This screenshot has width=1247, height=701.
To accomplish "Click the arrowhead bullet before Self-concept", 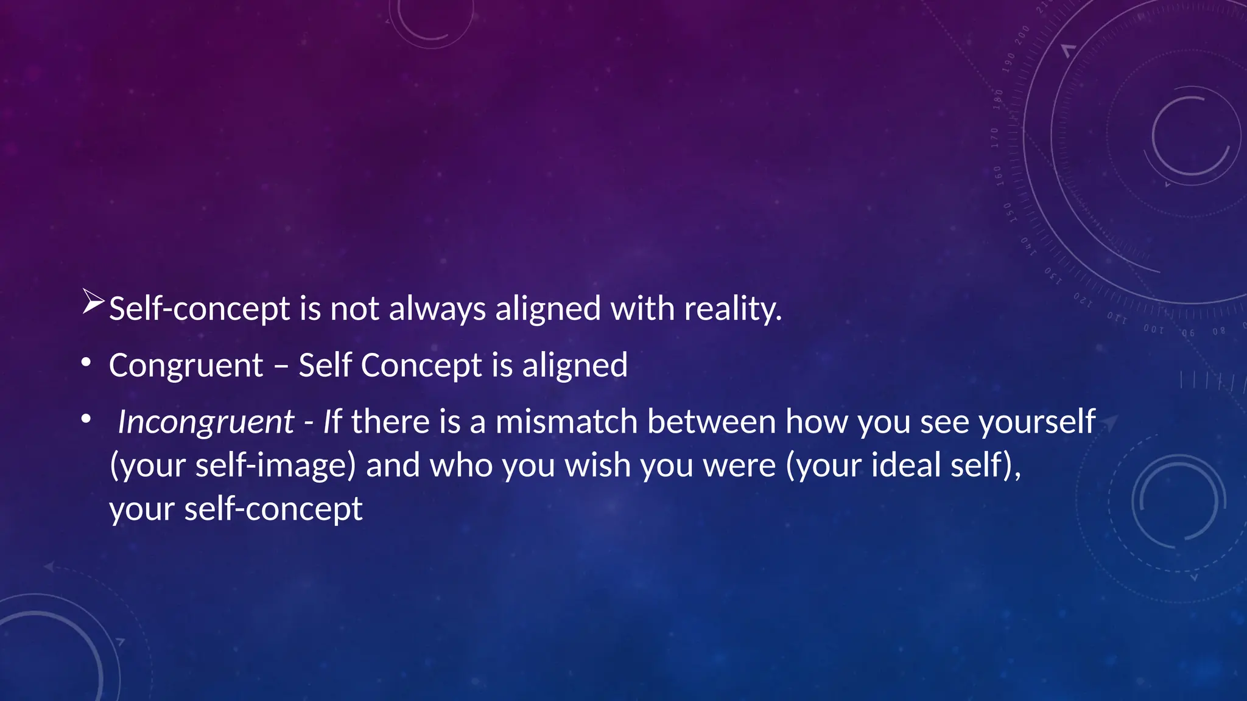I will tap(93, 302).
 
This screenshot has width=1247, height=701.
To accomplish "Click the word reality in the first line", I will tap(732, 309).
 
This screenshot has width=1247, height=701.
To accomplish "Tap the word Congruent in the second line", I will tap(186, 366).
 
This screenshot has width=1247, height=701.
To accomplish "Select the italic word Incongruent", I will tap(206, 422).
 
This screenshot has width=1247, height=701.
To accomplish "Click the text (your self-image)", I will tap(233, 466).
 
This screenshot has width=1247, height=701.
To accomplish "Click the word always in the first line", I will tap(437, 309).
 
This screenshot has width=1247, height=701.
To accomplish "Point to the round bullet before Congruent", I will tap(86, 363).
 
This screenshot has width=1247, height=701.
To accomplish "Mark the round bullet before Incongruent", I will tap(86, 419).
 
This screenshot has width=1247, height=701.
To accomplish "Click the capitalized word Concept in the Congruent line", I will tap(421, 366).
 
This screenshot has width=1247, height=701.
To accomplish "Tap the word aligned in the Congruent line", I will tap(574, 366).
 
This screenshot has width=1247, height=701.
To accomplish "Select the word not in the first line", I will tap(354, 309).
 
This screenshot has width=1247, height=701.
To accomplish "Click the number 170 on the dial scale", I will tap(995, 138).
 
